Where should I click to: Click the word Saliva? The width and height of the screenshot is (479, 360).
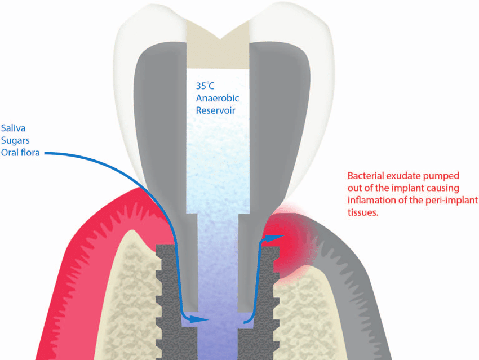pos(13,128)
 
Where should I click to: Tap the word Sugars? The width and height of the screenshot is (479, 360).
pos(15,141)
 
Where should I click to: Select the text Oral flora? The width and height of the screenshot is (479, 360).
pos(20,152)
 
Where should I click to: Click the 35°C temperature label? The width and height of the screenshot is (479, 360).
pos(205,86)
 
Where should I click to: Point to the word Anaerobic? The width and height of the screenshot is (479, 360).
pos(218,98)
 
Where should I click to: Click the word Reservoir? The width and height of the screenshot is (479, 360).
pos(215,110)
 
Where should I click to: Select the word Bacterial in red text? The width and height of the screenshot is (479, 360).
pos(365,176)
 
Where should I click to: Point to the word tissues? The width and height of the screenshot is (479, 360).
pos(363,212)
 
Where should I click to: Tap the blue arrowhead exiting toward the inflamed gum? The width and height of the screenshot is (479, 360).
pos(274,238)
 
